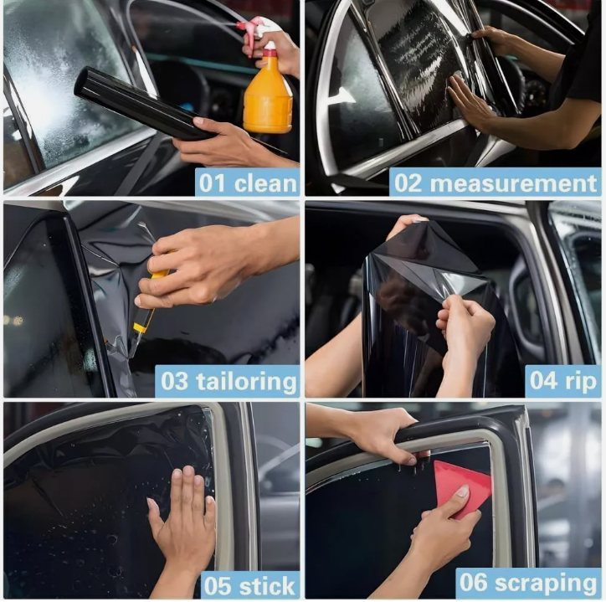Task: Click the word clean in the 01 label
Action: (x=265, y=183)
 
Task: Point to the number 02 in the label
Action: (x=408, y=183)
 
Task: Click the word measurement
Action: (x=513, y=183)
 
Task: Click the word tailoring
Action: (x=246, y=382)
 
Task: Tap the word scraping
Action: (x=546, y=583)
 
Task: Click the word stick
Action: (x=267, y=586)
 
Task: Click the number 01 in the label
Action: (x=213, y=183)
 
